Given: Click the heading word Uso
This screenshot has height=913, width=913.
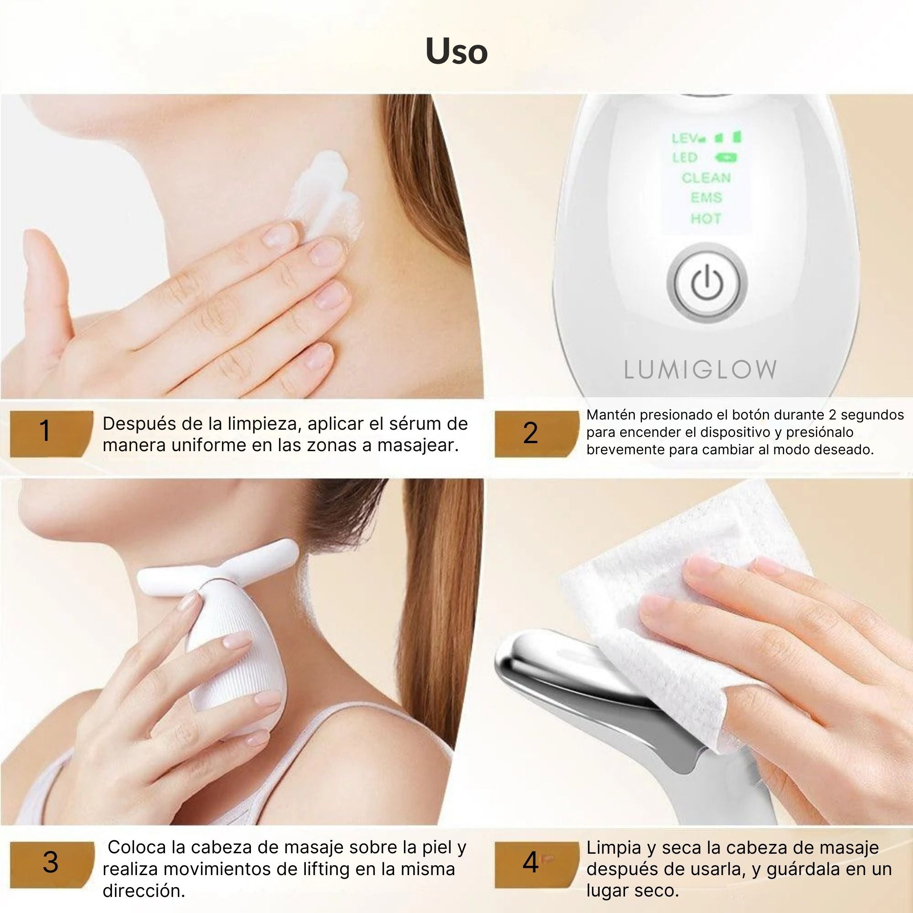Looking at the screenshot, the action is [x=456, y=51].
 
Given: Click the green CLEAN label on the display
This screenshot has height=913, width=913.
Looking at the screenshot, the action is [x=706, y=178].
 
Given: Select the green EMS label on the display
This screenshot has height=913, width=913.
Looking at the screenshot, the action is [x=706, y=197].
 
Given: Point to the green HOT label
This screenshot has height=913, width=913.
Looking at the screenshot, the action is [x=706, y=218].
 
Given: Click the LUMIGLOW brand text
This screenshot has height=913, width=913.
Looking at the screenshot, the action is [x=700, y=370].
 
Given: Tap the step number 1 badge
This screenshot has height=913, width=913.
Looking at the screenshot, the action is [x=51, y=431].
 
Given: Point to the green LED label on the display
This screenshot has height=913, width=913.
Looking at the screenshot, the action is [x=685, y=157].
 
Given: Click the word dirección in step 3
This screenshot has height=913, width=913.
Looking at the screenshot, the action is [x=144, y=891].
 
